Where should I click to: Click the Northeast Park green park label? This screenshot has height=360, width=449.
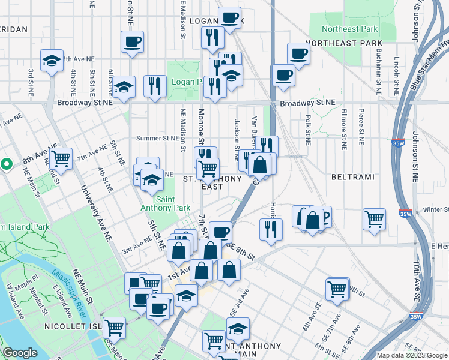pyautogui.click(x=349, y=29)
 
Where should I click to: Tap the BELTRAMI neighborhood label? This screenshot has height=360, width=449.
pyautogui.click(x=352, y=178)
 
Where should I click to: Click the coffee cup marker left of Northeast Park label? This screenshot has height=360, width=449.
pyautogui.click(x=298, y=54)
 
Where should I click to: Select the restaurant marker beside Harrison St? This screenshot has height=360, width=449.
pyautogui.click(x=271, y=227)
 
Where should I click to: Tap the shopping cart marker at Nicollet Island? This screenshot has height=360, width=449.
pyautogui.click(x=114, y=327)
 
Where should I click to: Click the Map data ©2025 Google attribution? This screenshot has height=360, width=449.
pyautogui.click(x=411, y=355)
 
